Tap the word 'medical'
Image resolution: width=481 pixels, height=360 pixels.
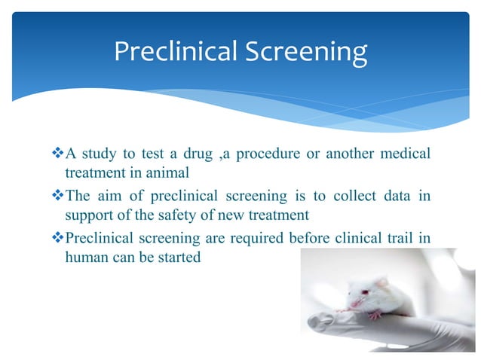click(404, 154)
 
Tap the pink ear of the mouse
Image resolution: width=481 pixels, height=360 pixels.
click(382, 283)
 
